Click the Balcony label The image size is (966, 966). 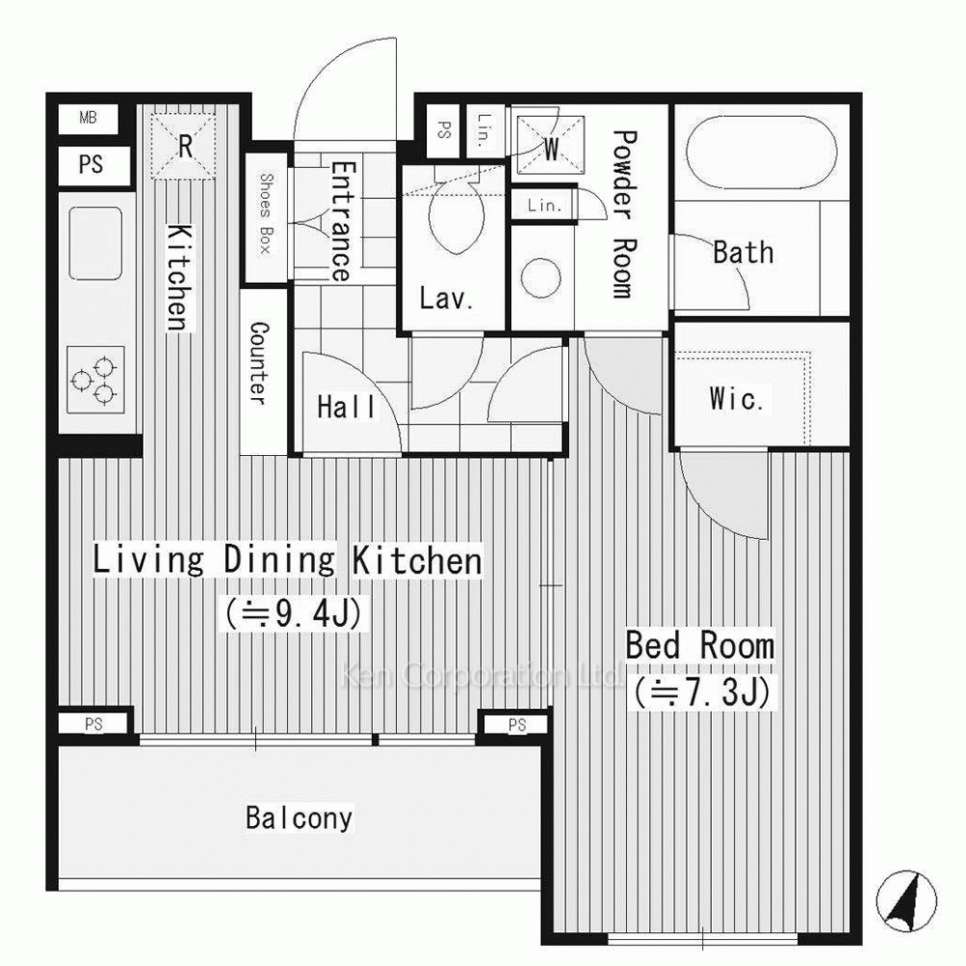click(x=298, y=818)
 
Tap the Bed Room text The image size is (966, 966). click(x=699, y=645)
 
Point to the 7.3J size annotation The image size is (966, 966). click(x=702, y=692)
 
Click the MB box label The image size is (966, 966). click(x=88, y=117)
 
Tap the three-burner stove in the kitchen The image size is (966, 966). click(x=96, y=380)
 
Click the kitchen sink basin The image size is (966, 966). click(x=96, y=243)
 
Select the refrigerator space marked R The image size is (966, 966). click(x=185, y=147)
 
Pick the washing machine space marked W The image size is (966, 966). click(x=550, y=146)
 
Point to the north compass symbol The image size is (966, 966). click(x=906, y=900)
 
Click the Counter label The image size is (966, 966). click(x=259, y=363)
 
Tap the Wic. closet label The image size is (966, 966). click(x=737, y=398)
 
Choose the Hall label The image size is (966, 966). click(x=346, y=408)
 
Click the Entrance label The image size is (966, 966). click(x=341, y=221)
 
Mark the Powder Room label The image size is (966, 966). click(x=623, y=214)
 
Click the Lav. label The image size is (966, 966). click(x=446, y=298)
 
